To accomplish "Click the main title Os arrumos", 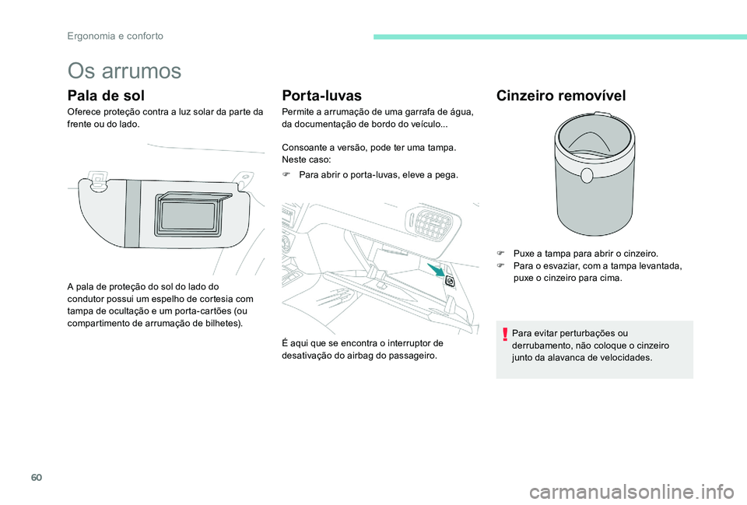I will [x=124, y=71].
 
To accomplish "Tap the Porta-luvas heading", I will [x=322, y=96].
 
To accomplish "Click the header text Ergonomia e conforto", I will [x=114, y=36].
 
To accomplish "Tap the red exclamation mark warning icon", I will [x=505, y=335].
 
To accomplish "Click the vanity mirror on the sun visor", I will [x=189, y=212].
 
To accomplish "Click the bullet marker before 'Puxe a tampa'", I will [x=501, y=254].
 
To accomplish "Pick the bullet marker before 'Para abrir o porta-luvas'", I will [x=286, y=175].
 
